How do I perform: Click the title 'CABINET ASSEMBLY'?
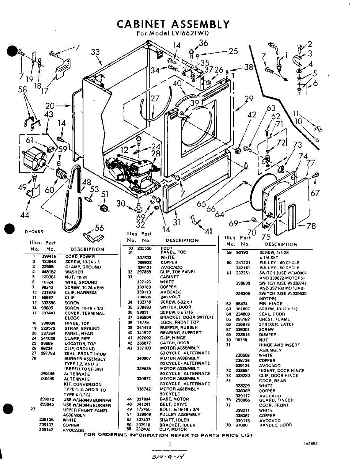coord(173,24)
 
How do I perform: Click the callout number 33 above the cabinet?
coord(95,52)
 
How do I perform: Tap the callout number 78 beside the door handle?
coord(311,226)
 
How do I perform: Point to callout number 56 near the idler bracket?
coord(99,228)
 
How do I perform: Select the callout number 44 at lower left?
coord(24,215)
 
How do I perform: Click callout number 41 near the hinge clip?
coord(209,231)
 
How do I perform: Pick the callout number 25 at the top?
coord(233,50)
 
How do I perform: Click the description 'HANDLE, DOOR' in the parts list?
coord(275,425)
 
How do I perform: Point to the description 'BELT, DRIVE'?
coord(174,404)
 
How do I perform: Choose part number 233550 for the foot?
coord(144,248)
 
